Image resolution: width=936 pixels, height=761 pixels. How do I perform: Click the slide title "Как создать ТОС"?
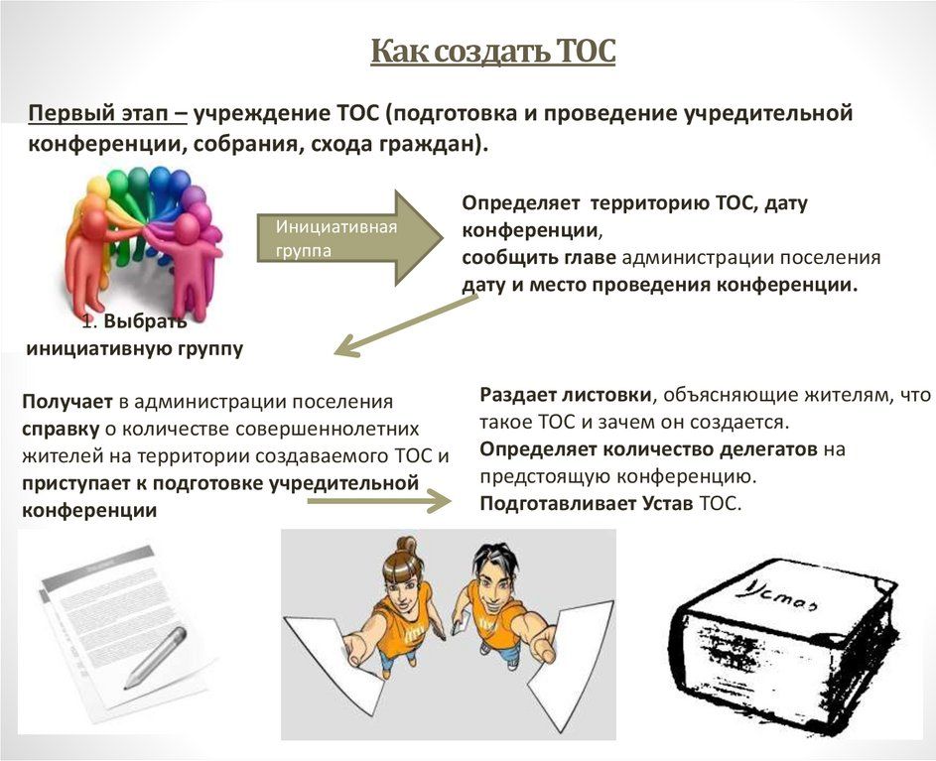tap(492, 52)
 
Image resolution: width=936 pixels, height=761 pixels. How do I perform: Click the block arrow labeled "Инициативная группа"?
tap(349, 237)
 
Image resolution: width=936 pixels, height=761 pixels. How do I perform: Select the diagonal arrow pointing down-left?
tap(406, 325)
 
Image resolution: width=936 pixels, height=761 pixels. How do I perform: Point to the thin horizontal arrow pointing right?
tap(379, 501)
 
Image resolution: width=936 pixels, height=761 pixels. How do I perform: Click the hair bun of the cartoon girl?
tap(406, 545)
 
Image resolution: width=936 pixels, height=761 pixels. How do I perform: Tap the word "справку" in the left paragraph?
tap(61, 430)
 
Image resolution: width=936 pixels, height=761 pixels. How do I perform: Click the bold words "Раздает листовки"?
tap(566, 395)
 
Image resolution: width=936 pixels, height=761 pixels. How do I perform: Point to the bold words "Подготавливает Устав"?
tap(587, 504)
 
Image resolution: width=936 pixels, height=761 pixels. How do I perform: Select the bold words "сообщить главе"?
tap(539, 258)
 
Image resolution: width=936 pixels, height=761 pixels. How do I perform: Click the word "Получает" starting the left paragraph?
tap(67, 402)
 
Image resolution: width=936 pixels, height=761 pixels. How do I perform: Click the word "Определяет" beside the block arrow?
tap(520, 203)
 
